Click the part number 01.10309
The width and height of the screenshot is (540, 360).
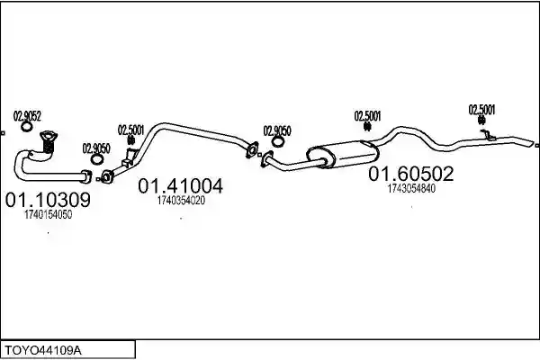(x=48, y=200)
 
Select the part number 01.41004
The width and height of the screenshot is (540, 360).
(x=181, y=186)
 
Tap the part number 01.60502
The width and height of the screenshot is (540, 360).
(x=411, y=174)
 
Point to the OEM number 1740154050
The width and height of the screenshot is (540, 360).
(x=49, y=214)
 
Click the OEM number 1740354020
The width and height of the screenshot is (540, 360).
(x=181, y=200)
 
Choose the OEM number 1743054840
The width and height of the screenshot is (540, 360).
(x=411, y=188)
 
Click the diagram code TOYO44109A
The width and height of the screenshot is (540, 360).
(x=43, y=351)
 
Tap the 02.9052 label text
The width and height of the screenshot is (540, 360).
(x=27, y=116)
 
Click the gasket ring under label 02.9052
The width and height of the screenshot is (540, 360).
(x=26, y=127)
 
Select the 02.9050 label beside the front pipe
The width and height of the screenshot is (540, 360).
(x=96, y=148)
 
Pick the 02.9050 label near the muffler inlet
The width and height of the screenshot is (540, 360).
(x=277, y=130)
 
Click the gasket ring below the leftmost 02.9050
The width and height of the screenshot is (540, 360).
(x=97, y=159)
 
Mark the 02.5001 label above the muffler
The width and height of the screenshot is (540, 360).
(x=367, y=116)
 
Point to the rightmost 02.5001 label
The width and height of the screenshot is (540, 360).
(x=481, y=110)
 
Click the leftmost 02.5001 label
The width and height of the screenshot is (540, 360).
(x=130, y=130)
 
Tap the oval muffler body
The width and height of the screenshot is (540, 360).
(x=343, y=155)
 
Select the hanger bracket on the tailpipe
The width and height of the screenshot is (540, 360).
(x=489, y=135)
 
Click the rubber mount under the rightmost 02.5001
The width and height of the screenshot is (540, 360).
(x=481, y=120)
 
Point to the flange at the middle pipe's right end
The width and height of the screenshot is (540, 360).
(x=252, y=150)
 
